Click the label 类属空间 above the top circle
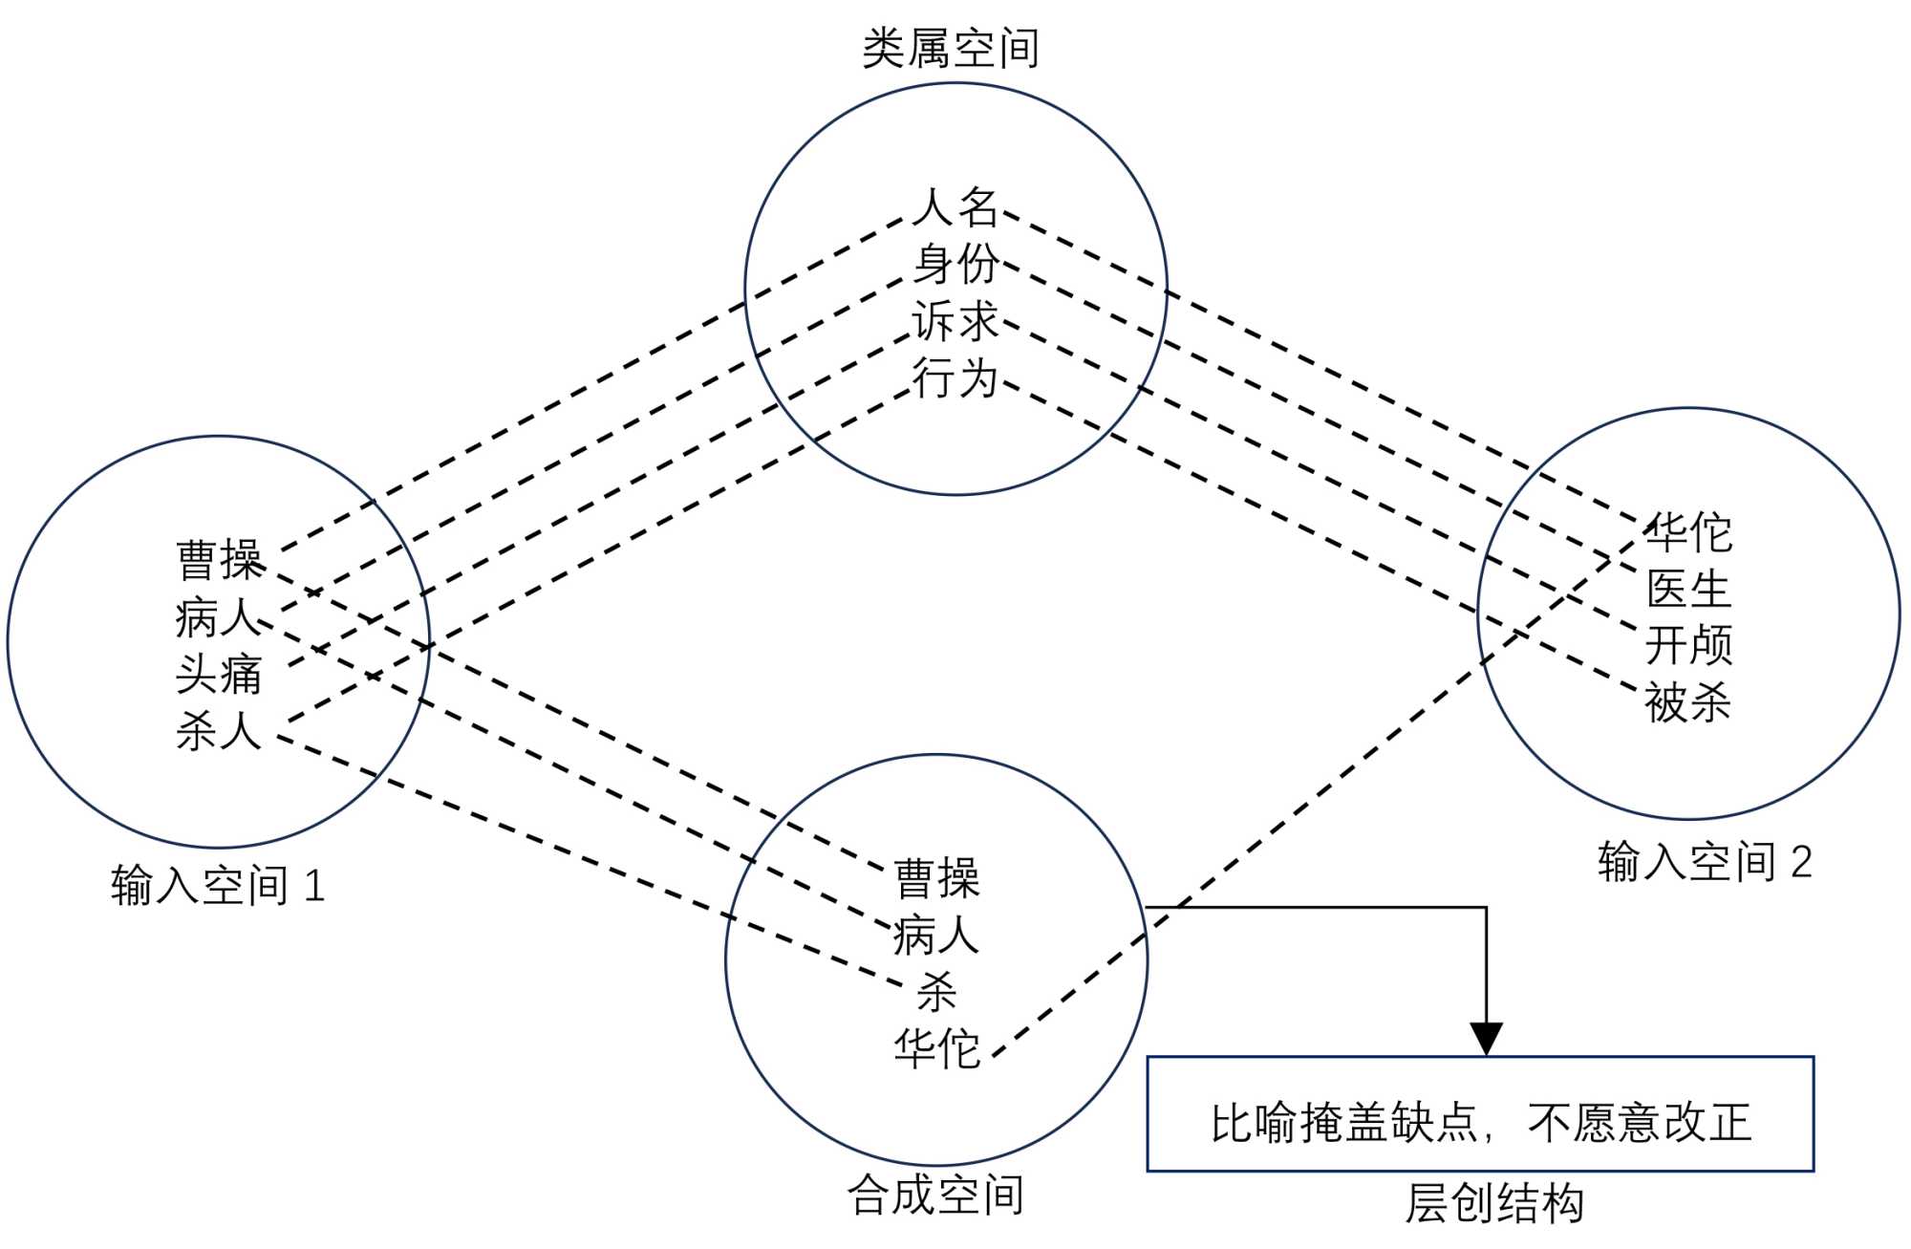pyautogui.click(x=950, y=48)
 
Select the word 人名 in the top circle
pyautogui.click(x=955, y=207)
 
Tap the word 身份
pyautogui.click(x=955, y=264)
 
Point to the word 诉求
pyautogui.click(x=955, y=321)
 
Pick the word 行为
pyautogui.click(x=955, y=378)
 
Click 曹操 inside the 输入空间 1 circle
pyautogui.click(x=219, y=560)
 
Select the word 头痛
pyautogui.click(x=219, y=675)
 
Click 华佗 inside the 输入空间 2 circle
pyautogui.click(x=1688, y=532)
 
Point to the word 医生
pyautogui.click(x=1688, y=589)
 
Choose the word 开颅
pyautogui.click(x=1688, y=646)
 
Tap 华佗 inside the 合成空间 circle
pyautogui.click(x=936, y=1049)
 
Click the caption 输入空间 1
pyautogui.click(x=218, y=886)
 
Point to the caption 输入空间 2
pyautogui.click(x=1705, y=862)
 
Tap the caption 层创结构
pyautogui.click(x=1494, y=1204)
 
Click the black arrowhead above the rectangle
pyautogui.click(x=1486, y=1039)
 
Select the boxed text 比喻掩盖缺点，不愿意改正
pyautogui.click(x=1480, y=1123)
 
